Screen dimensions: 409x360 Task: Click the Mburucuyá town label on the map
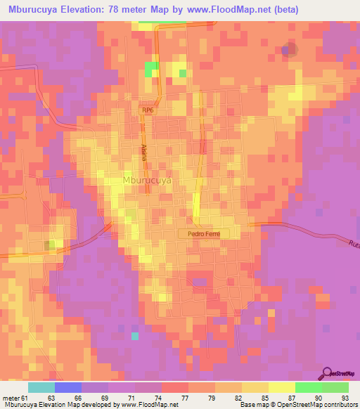(147, 180)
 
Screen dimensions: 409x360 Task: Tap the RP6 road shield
(147, 110)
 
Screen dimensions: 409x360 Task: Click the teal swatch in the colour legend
(41, 387)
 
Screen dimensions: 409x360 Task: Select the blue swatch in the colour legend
(68, 387)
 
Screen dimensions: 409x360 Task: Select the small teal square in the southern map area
(135, 335)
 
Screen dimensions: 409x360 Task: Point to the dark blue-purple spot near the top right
(288, 50)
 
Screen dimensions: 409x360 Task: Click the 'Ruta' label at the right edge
(352, 243)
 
